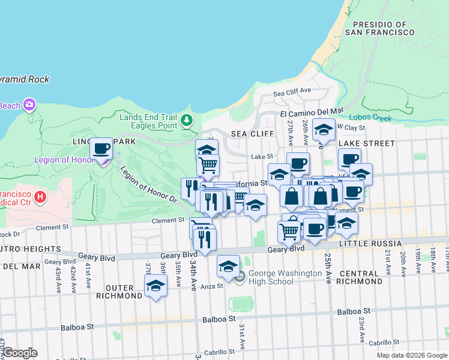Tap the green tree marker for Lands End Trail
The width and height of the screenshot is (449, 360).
(x=187, y=121)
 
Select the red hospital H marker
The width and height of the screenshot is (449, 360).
(x=40, y=196)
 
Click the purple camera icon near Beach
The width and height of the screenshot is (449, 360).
(x=29, y=106)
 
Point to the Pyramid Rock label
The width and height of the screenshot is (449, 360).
(x=24, y=79)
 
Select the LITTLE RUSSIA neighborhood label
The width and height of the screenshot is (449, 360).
(x=370, y=243)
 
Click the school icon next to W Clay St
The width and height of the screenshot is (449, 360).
(x=324, y=130)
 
